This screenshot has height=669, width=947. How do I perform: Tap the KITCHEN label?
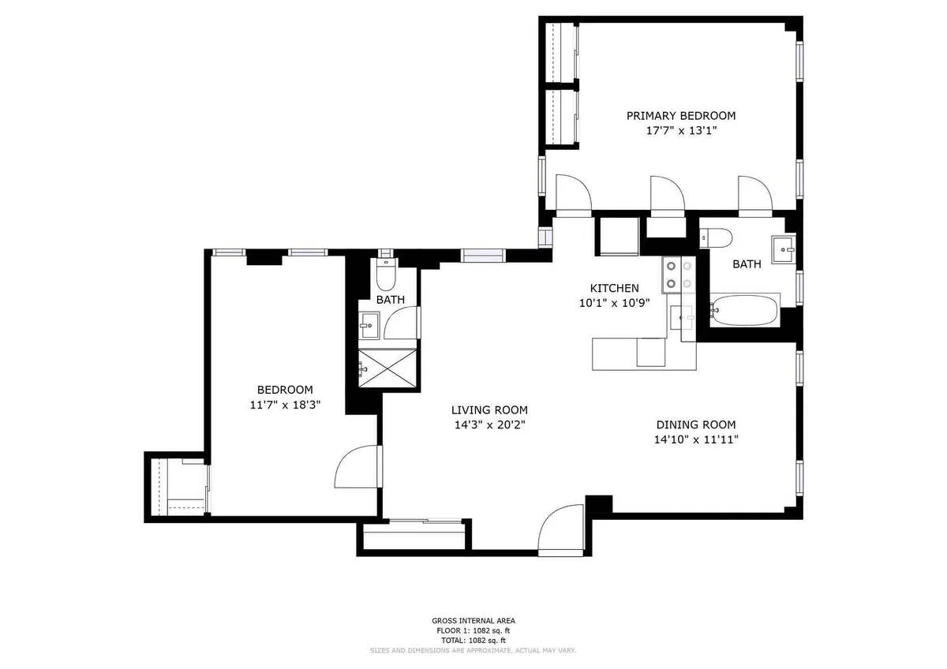(x=615, y=288)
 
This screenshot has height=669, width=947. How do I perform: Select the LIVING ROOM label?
(x=489, y=409)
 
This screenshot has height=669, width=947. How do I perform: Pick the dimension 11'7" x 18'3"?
(x=285, y=405)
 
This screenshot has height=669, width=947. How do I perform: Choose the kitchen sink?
(x=683, y=318)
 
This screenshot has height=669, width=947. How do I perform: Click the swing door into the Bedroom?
(x=357, y=467)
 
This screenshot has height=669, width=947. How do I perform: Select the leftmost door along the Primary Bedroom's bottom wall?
(x=572, y=196)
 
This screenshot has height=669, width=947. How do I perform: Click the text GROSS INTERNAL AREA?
(x=473, y=621)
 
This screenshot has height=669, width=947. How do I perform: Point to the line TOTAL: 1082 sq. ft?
(x=473, y=640)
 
